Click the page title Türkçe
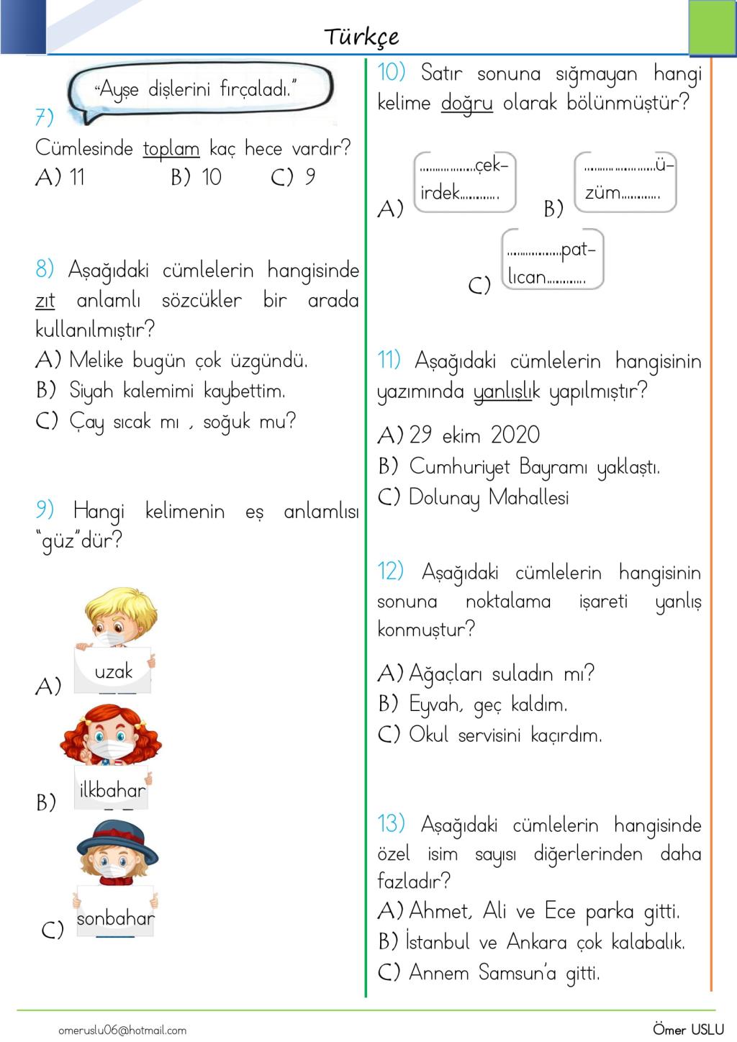tap(361, 37)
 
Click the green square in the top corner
tap(712, 27)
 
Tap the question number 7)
tap(44, 117)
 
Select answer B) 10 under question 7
tap(196, 177)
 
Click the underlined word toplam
tap(171, 149)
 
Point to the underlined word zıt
tap(45, 300)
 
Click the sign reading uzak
tap(114, 671)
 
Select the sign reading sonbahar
tap(115, 918)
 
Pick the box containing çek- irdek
tap(465, 181)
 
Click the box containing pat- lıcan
tap(552, 260)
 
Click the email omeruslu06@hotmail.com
tap(122, 1030)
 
